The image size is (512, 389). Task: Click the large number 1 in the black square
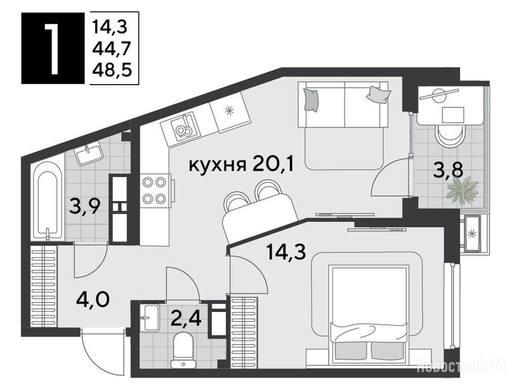(52, 48)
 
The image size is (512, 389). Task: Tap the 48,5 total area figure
(112, 69)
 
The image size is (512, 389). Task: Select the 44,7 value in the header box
(112, 49)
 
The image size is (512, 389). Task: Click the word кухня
(217, 166)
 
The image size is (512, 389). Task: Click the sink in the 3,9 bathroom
(89, 154)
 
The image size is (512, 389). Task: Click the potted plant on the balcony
(462, 190)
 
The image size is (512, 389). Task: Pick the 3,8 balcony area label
(448, 170)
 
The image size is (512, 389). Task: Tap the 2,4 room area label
(186, 317)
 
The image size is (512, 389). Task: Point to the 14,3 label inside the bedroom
(286, 252)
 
